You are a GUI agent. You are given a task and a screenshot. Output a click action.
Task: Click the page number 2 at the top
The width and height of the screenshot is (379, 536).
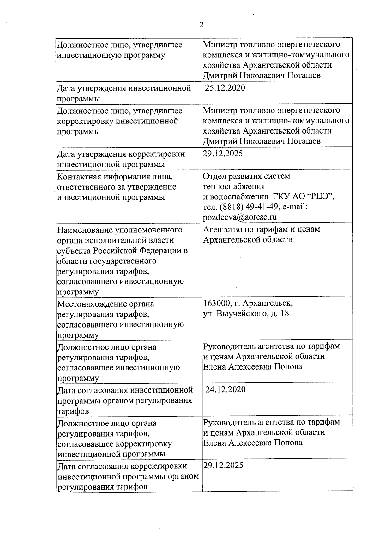202,25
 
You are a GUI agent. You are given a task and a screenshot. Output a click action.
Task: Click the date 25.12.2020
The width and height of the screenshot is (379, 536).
225,88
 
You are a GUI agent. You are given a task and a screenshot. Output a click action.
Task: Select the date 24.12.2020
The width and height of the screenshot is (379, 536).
225,389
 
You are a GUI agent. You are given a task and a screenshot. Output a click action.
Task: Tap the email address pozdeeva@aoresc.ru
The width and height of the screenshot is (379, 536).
240,217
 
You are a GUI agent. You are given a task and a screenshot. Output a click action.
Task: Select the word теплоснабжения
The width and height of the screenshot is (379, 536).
234,186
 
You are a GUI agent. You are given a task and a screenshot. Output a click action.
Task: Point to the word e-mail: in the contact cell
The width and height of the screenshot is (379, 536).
295,207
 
